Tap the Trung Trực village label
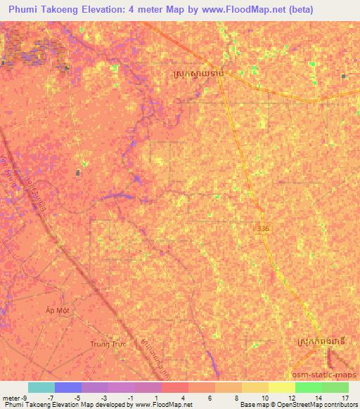(x=107, y=344)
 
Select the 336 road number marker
(x=262, y=228)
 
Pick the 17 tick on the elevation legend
(x=345, y=398)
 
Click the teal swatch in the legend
(x=41, y=387)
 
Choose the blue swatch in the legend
(x=68, y=387)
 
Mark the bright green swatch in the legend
(x=308, y=387)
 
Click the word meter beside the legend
(x=11, y=398)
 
